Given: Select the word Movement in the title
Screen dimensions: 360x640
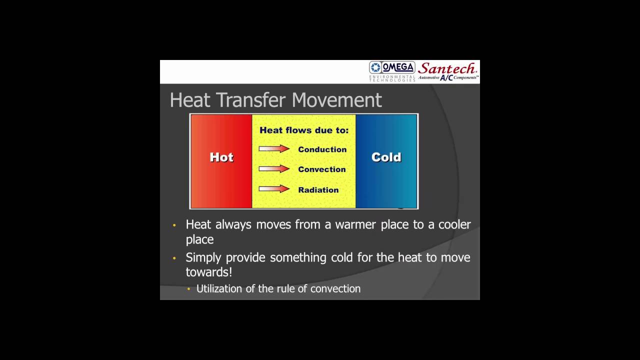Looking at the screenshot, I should point(336,100).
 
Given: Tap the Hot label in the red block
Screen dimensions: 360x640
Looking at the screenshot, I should point(221,157).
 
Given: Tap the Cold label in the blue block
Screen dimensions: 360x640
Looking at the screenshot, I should point(386,157).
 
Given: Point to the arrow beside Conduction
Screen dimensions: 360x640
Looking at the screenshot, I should point(274,149).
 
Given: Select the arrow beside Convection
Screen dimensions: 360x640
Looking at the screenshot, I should point(274,169).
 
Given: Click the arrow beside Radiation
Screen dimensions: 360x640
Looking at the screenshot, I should point(274,189).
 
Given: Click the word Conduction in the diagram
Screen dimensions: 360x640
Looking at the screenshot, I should point(322,149).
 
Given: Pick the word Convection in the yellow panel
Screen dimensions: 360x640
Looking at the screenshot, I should point(321,169).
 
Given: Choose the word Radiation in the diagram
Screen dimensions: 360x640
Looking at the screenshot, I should point(318,190).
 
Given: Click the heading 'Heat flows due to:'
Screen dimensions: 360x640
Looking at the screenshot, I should point(304,130).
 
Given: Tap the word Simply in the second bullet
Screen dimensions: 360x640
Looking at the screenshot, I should point(203,258).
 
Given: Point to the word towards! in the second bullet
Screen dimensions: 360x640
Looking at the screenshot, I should point(208,272).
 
